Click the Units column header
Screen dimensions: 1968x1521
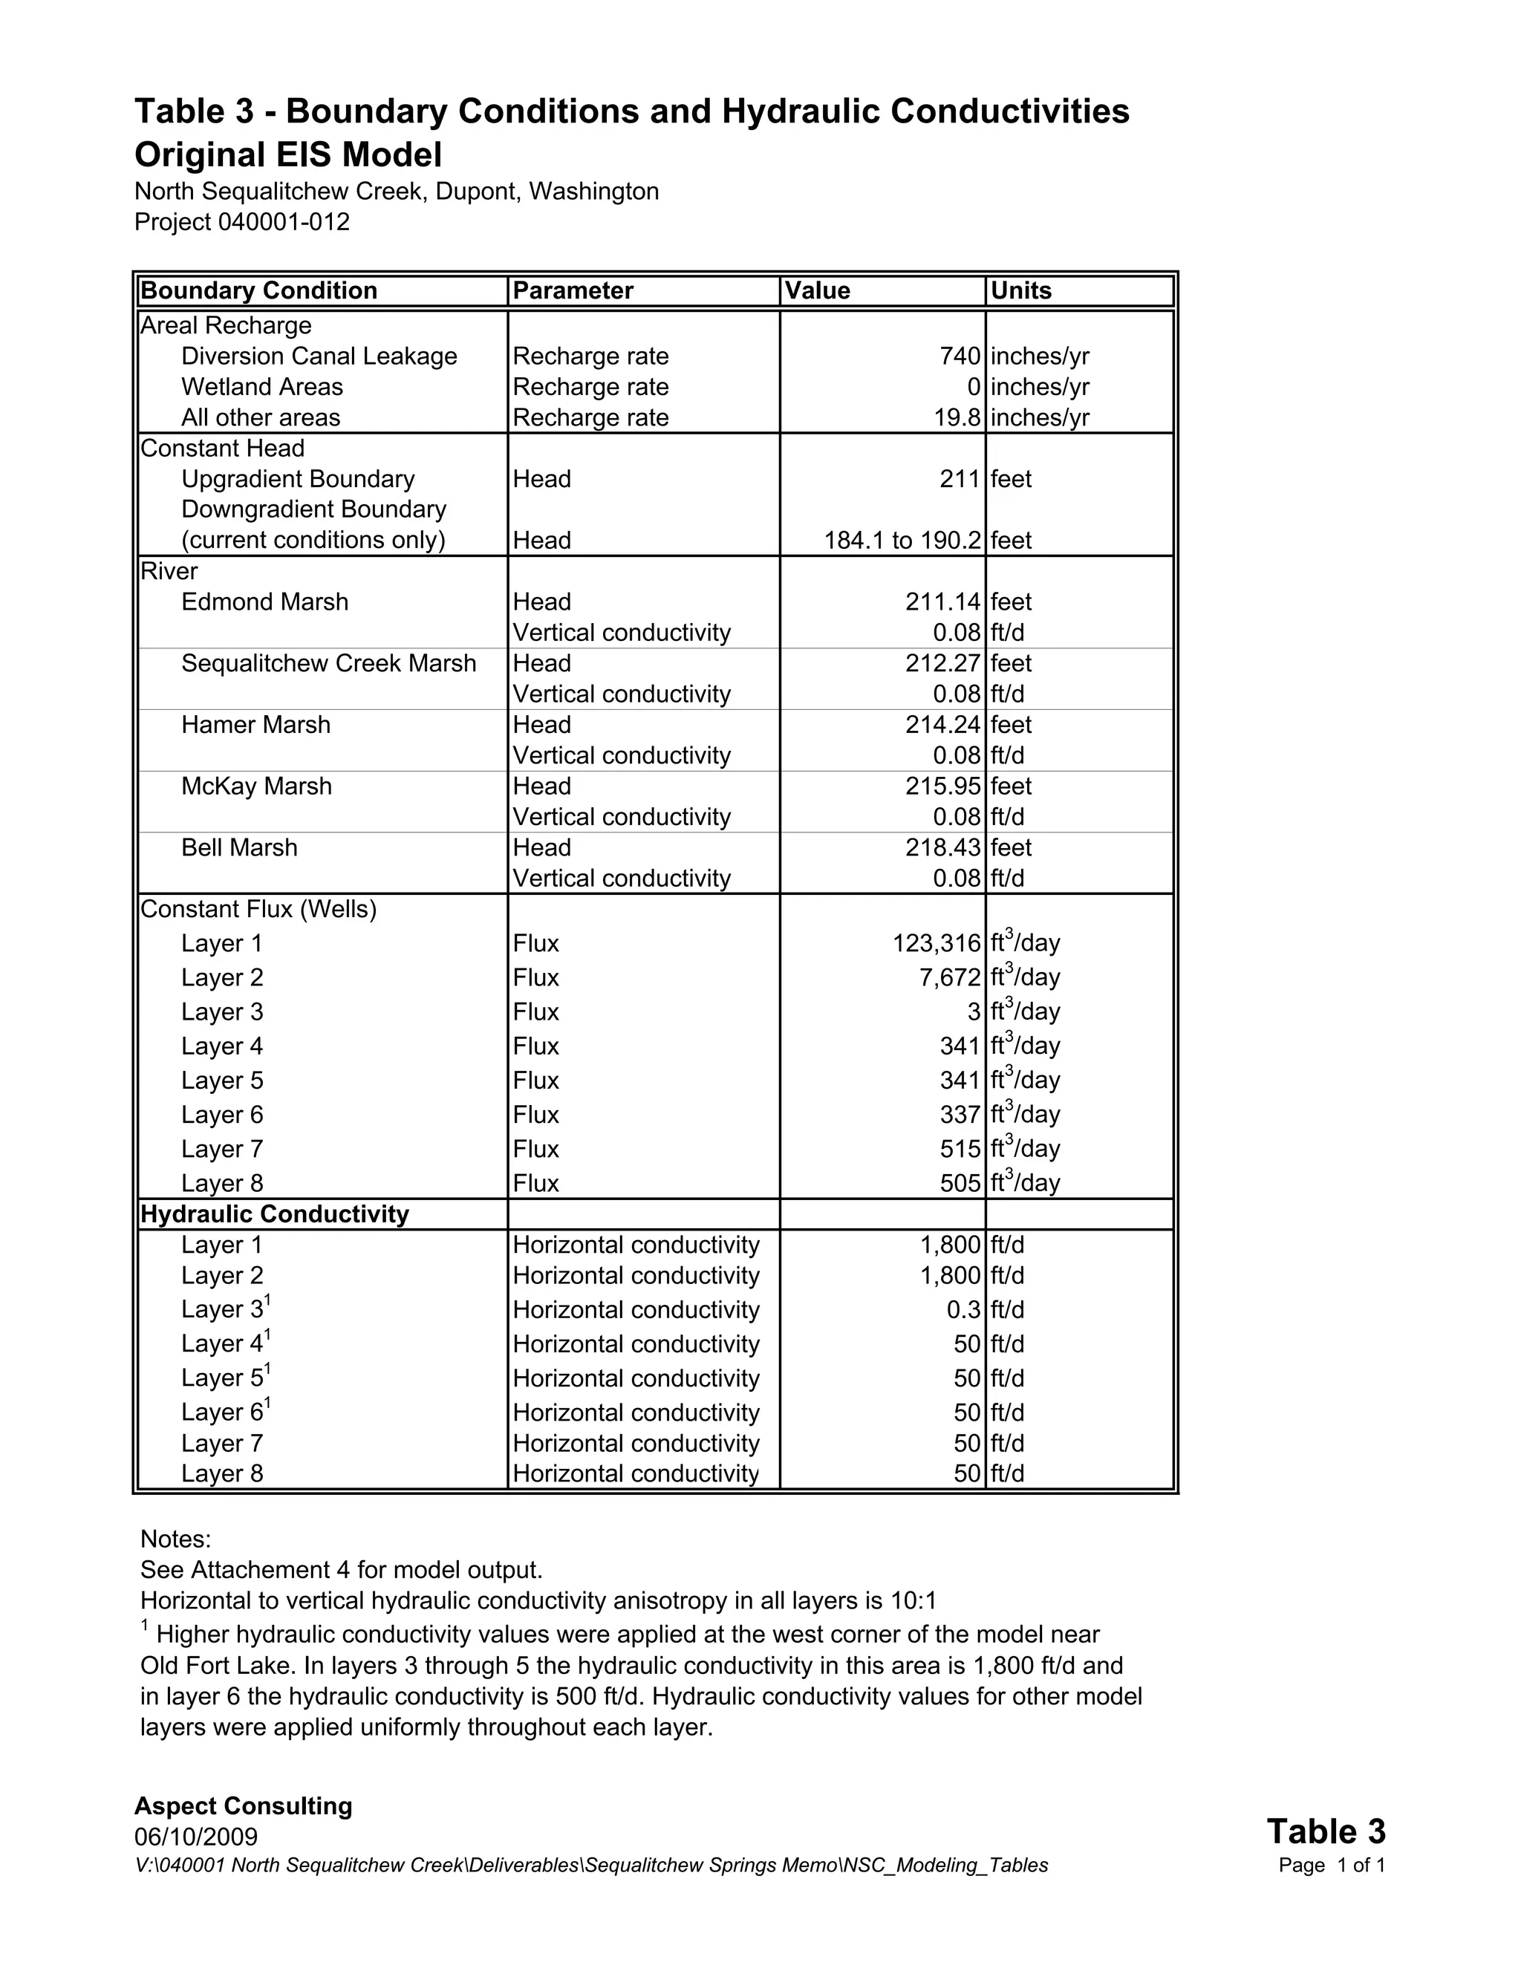[x=1021, y=290]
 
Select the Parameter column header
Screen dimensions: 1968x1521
[x=573, y=290]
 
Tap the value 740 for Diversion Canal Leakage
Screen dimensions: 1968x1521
[x=959, y=356]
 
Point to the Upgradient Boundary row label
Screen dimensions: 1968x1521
[x=299, y=478]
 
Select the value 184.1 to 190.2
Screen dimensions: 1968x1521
[x=902, y=540]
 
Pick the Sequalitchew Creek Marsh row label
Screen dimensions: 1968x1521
[x=329, y=663]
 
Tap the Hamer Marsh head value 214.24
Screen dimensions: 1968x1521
[x=942, y=725]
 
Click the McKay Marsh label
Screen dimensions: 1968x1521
[x=257, y=786]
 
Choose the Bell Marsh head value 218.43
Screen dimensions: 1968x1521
[x=942, y=847]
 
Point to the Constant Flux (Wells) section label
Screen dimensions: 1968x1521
[x=258, y=909]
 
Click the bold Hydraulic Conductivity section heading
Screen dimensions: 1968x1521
[x=275, y=1213]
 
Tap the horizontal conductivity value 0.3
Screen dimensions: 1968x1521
[x=963, y=1309]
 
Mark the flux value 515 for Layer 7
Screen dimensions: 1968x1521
[x=960, y=1149]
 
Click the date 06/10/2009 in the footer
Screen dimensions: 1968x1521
[x=196, y=1837]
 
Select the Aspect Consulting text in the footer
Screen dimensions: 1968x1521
[x=244, y=1806]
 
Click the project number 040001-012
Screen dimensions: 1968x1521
[x=284, y=221]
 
